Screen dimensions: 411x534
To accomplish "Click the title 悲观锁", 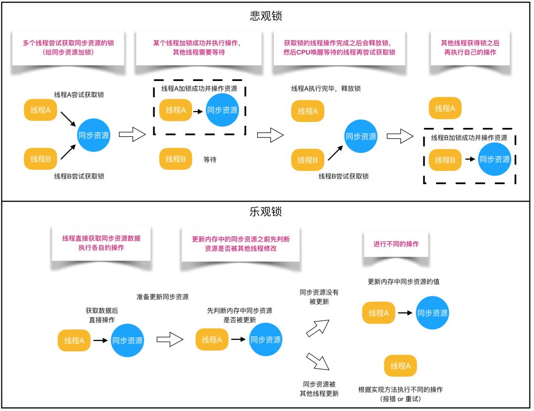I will pyautogui.click(x=266, y=16).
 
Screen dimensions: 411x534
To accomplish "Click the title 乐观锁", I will pyautogui.click(x=266, y=212).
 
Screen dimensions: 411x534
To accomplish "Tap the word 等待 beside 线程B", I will pyautogui.click(x=210, y=160).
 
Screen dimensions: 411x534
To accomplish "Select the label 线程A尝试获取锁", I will pyautogui.click(x=79, y=94).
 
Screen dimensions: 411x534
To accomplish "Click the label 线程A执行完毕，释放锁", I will pyautogui.click(x=326, y=88).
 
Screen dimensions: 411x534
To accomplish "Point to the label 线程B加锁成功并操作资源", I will pyautogui.click(x=469, y=138).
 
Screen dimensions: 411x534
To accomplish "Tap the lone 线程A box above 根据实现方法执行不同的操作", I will pyautogui.click(x=400, y=366).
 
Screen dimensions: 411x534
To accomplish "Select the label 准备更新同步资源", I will pyautogui.click(x=162, y=297).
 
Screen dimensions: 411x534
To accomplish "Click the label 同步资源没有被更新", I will pyautogui.click(x=319, y=297).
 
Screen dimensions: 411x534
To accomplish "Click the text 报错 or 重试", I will pyautogui.click(x=400, y=399).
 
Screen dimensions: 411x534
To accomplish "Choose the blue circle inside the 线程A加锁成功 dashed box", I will pyautogui.click(x=222, y=110).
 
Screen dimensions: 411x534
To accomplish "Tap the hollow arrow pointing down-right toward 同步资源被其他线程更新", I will pyautogui.click(x=317, y=361).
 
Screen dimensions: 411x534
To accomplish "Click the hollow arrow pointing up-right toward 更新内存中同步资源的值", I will pyautogui.click(x=317, y=327).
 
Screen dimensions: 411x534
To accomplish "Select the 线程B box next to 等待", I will pyautogui.click(x=176, y=159).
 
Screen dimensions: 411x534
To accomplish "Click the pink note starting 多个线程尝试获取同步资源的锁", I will pyautogui.click(x=68, y=47).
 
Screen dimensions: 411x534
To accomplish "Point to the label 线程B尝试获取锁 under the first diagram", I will pyautogui.click(x=79, y=176).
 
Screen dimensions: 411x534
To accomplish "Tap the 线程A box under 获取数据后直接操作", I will pyautogui.click(x=74, y=340).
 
